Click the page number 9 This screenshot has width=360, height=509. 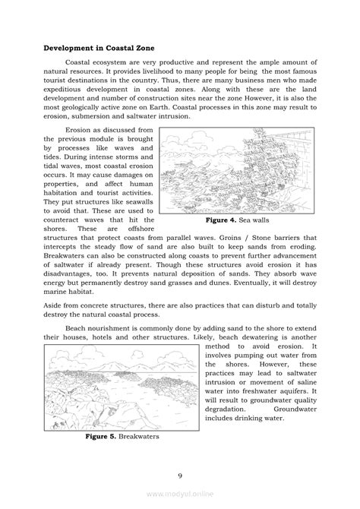coord(180,476)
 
